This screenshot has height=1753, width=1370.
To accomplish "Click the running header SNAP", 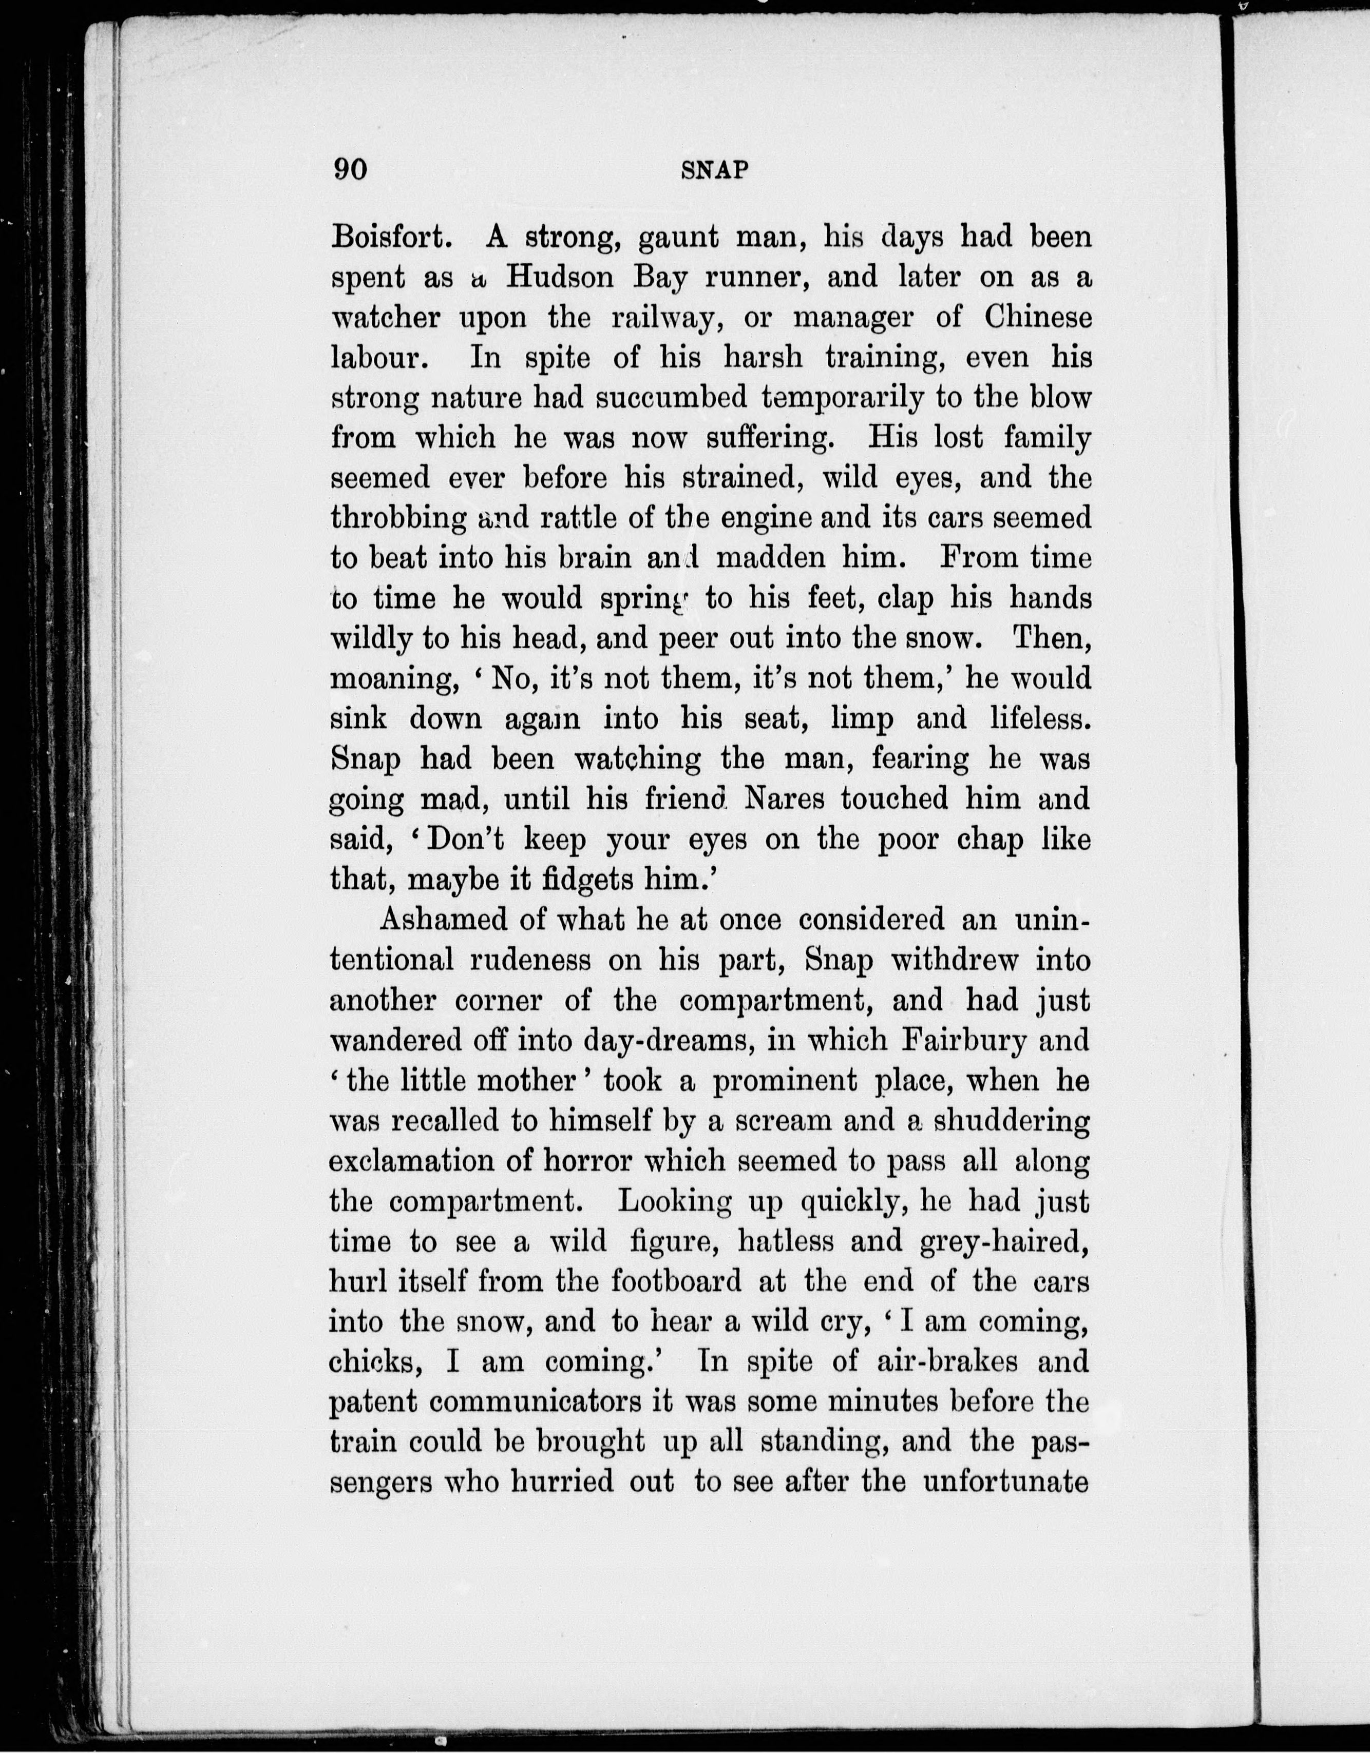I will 714,170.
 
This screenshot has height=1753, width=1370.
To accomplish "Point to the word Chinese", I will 1038,318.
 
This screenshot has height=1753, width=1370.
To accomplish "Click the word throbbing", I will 398,518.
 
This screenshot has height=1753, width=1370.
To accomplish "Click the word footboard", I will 676,1282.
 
